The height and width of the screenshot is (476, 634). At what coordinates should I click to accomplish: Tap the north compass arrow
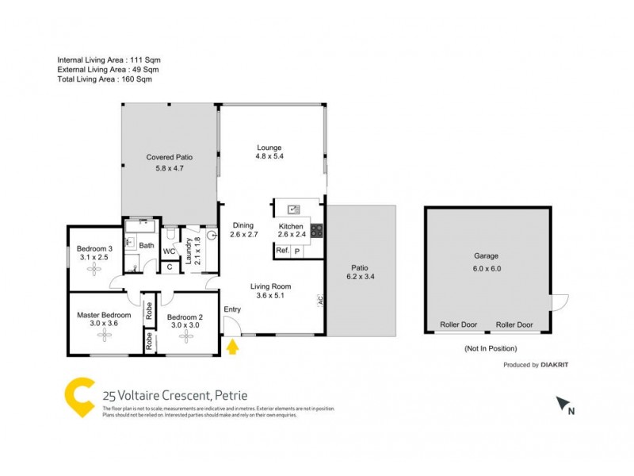(x=564, y=405)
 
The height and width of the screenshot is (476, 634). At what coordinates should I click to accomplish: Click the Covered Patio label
(x=169, y=157)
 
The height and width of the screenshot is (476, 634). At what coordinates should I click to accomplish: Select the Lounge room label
(x=269, y=148)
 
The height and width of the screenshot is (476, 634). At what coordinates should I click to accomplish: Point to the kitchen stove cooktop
(x=316, y=232)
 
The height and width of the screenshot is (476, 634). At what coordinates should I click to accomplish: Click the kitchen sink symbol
(x=293, y=209)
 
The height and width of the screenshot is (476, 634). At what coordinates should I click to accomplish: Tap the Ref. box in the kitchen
(x=282, y=251)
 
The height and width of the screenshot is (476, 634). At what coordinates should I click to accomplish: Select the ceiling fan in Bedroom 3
(x=96, y=269)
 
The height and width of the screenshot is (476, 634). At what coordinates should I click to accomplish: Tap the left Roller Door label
(x=459, y=324)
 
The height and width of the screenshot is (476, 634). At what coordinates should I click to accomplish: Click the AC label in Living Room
(x=320, y=301)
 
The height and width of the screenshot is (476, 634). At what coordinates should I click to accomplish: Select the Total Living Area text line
(x=104, y=79)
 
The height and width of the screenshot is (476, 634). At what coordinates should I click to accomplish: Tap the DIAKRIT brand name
(x=555, y=365)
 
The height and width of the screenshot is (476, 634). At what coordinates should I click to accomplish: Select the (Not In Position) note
(x=490, y=348)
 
